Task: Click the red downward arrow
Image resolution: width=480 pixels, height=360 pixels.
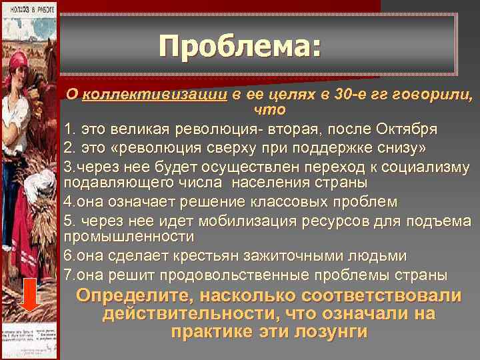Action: [x=28, y=295]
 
